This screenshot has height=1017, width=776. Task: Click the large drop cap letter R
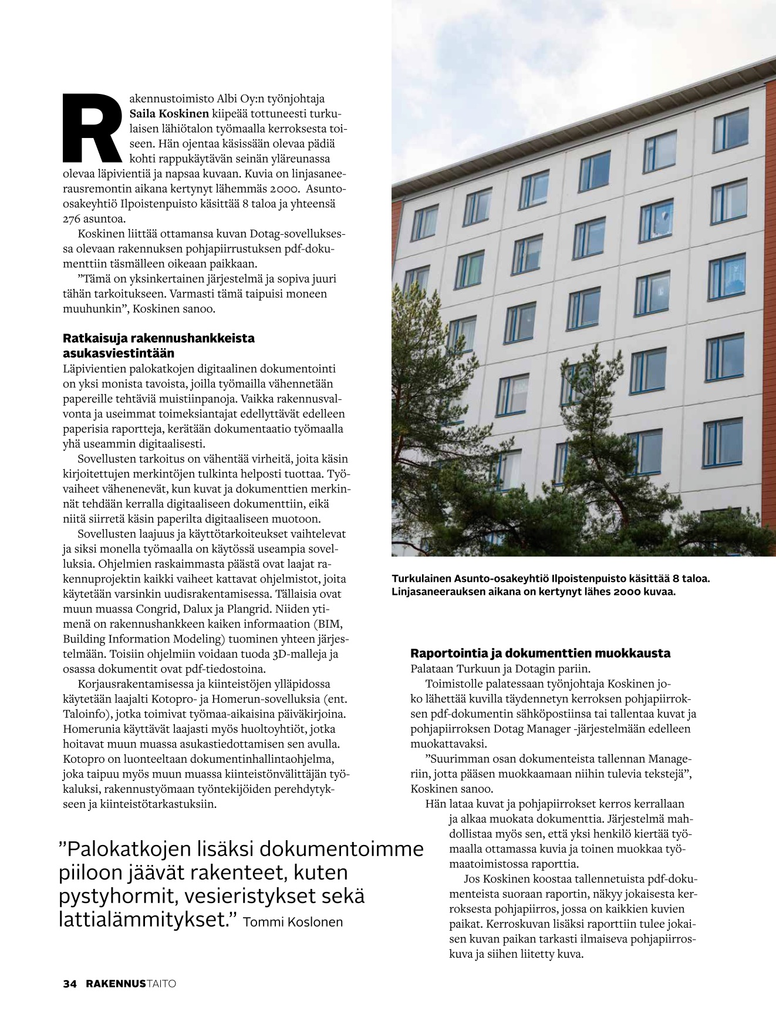92,127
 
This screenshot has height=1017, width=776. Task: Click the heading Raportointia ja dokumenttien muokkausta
540,653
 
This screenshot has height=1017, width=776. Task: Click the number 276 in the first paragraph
73,219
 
